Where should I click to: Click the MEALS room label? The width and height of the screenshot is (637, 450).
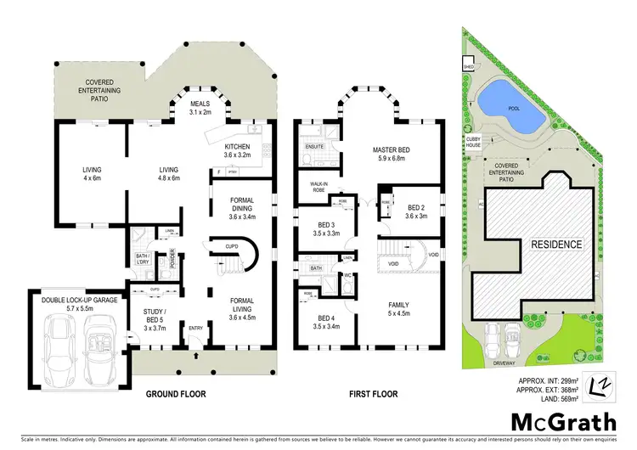(200, 108)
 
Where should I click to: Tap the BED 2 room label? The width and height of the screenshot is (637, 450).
(416, 211)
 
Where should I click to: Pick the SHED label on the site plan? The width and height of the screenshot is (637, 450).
(467, 66)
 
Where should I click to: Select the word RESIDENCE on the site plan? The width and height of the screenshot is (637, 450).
(557, 245)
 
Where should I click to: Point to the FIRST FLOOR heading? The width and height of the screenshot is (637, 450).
(375, 395)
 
